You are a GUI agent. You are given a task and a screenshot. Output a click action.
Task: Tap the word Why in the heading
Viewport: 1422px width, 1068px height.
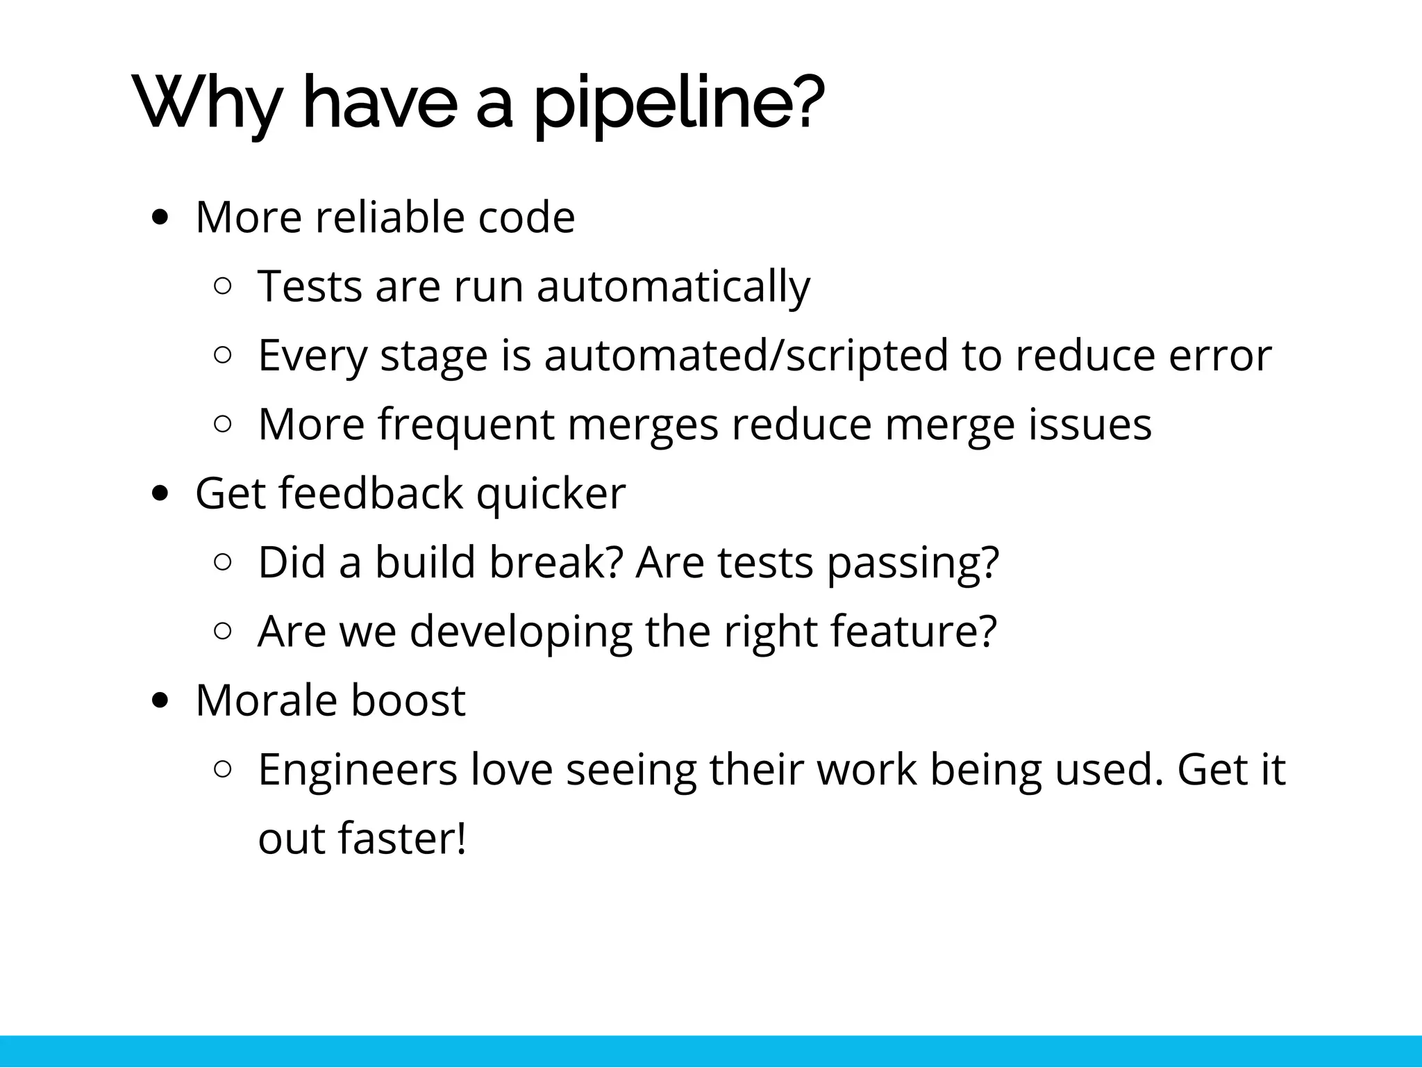[x=209, y=104]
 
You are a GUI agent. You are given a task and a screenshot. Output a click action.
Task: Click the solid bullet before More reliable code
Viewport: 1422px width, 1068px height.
[x=160, y=218]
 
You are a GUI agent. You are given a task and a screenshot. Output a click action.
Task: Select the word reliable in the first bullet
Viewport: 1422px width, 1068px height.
[x=390, y=217]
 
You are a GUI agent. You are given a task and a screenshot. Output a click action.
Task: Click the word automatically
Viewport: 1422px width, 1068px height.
[x=673, y=286]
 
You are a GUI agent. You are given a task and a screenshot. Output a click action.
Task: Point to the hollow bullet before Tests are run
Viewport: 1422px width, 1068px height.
[x=223, y=286]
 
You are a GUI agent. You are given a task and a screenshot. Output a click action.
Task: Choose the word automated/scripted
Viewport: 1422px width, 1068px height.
[x=746, y=355]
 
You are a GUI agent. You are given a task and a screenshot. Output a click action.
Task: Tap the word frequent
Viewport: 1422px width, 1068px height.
[x=466, y=424]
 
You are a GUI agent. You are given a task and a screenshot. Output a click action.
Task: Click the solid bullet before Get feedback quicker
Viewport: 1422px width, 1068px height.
[x=160, y=493]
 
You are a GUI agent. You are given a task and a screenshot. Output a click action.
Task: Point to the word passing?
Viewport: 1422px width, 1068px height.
[x=913, y=561]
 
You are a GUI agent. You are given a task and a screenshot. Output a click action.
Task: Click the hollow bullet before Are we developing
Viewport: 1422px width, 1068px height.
[x=223, y=631]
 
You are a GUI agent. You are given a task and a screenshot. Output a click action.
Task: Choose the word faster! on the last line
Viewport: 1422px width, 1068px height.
[x=402, y=838]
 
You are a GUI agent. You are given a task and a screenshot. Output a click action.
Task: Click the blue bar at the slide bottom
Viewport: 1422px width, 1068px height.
[x=711, y=1051]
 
